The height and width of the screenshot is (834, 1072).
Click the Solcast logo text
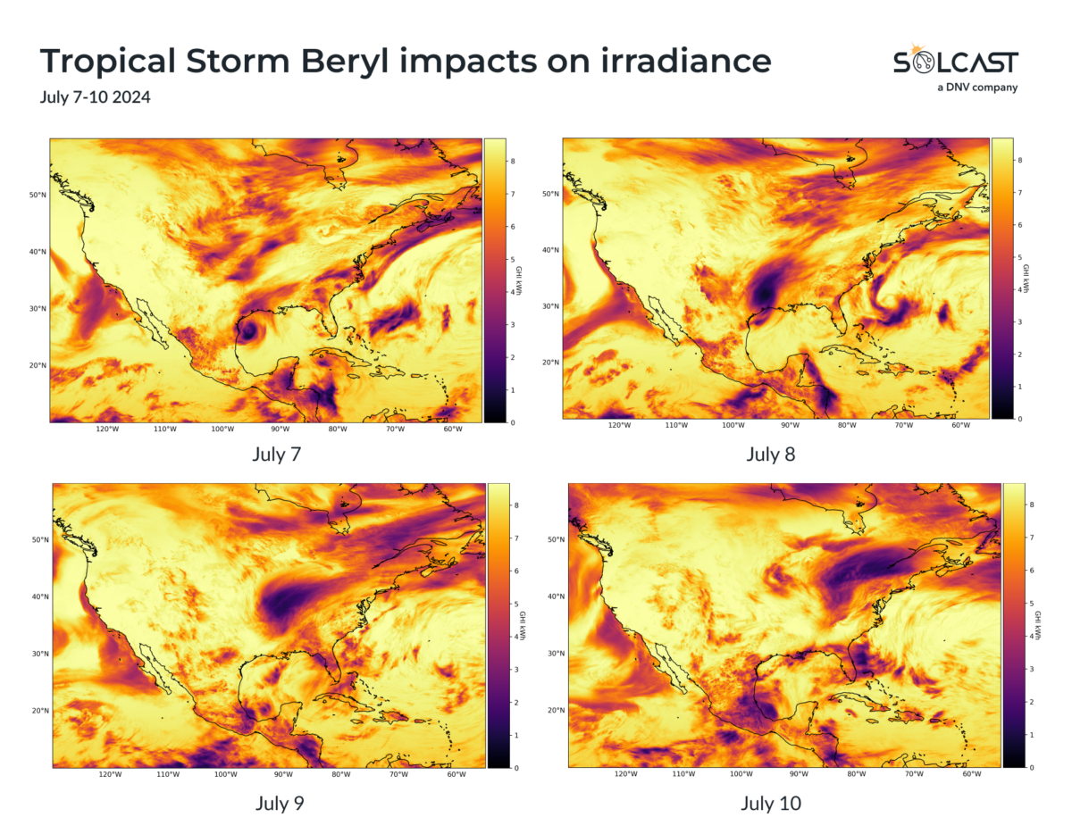[955, 62]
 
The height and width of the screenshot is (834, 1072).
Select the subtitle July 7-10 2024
[95, 96]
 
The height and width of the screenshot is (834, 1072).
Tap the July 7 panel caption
[277, 454]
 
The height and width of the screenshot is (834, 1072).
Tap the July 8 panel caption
[771, 455]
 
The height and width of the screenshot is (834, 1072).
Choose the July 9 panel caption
[280, 803]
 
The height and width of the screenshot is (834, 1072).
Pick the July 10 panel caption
[771, 803]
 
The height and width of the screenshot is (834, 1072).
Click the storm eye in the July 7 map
[248, 330]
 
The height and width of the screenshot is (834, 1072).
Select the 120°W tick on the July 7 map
[107, 430]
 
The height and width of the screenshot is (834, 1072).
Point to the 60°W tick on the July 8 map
[961, 425]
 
